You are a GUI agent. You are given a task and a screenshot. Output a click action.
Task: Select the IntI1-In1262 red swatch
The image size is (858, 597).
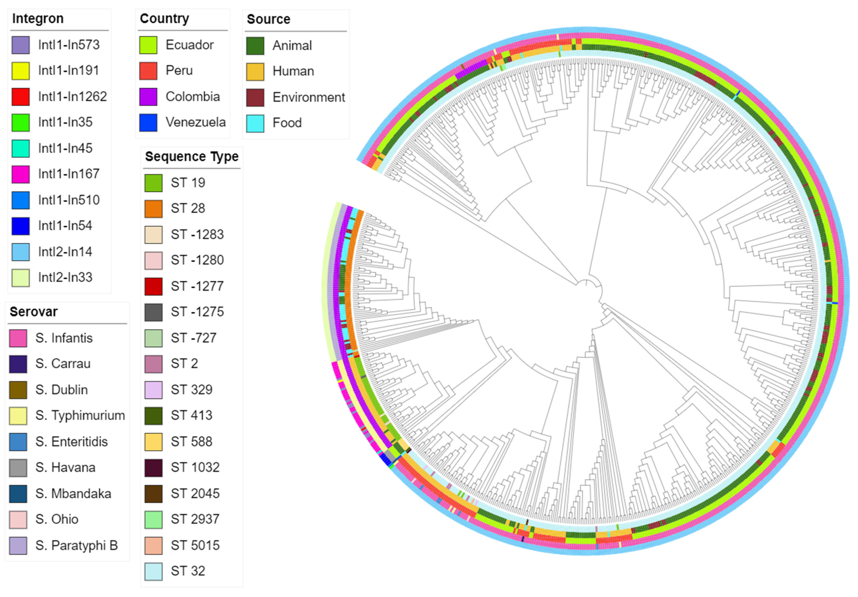[x=20, y=97]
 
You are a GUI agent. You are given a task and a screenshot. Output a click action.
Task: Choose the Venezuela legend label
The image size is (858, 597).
[x=195, y=122]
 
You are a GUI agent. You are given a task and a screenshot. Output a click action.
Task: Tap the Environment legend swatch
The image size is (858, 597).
[x=255, y=97]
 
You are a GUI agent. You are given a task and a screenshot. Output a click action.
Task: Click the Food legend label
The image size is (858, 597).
[x=287, y=123]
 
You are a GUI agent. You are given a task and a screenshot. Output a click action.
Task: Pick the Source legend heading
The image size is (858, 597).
[x=268, y=19]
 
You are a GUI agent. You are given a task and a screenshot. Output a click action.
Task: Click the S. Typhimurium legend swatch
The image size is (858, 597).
[x=18, y=416]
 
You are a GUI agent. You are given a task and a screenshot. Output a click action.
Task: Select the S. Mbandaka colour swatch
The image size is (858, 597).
[x=18, y=494]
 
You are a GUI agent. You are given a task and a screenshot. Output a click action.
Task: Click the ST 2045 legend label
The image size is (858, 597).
[x=195, y=494]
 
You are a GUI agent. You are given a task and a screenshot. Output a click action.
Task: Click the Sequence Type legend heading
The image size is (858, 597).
[x=192, y=156]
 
